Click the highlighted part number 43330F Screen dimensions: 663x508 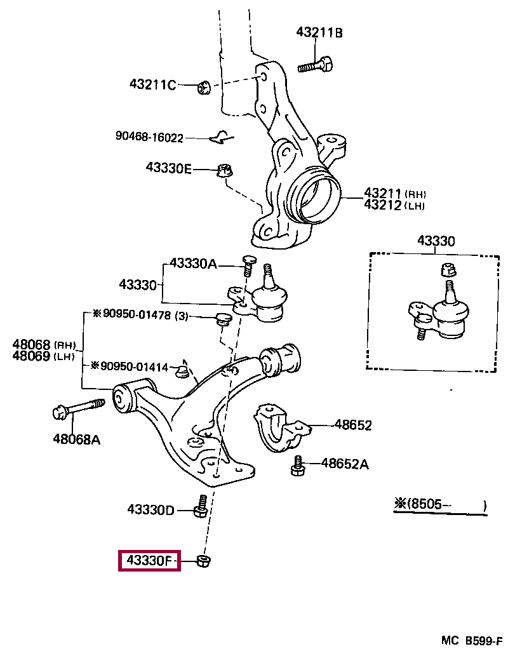tap(149, 561)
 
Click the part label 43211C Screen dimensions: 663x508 tap(152, 84)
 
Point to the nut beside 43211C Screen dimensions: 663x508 tap(203, 88)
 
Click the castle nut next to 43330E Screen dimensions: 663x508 tap(223, 170)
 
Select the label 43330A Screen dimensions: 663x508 tap(193, 264)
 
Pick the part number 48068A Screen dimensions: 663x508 tap(76, 438)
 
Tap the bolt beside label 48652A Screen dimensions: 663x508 tap(297, 465)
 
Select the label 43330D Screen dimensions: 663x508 tap(150, 509)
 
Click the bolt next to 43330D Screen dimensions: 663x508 tap(200, 506)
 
